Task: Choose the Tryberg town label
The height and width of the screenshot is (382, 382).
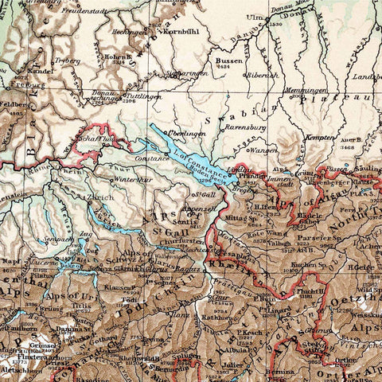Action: [68, 60]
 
